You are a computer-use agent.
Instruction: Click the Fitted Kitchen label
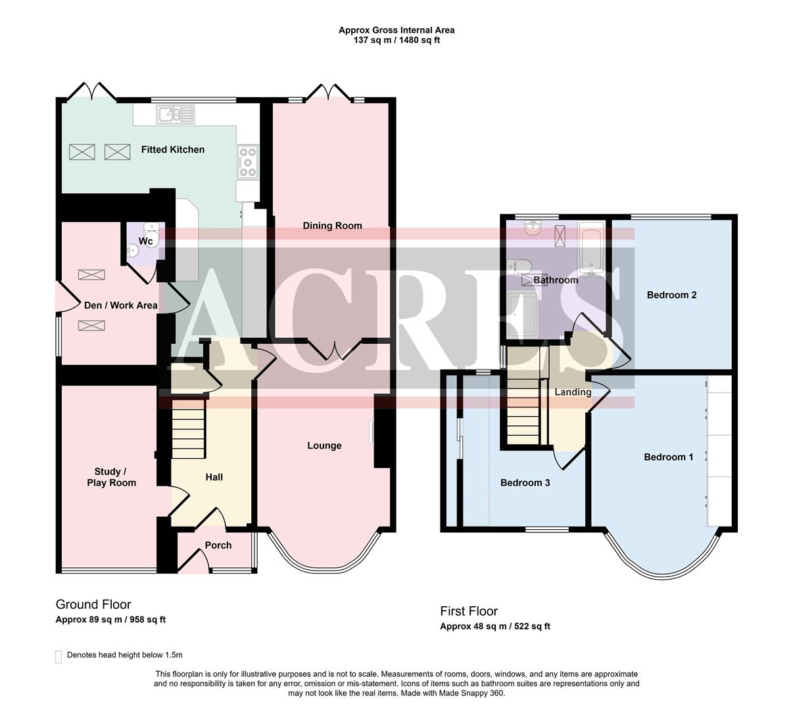172,150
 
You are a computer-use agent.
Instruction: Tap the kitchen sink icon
175,115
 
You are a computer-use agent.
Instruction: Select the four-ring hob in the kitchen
248,162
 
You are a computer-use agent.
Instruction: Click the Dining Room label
332,225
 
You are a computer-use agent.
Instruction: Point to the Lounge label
324,446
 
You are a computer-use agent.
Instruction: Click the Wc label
145,241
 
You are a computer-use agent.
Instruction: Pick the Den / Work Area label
120,305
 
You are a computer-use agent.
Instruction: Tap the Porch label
218,545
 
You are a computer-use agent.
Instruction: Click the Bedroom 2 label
671,295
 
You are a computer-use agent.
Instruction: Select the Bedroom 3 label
525,483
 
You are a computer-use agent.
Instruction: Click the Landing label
573,392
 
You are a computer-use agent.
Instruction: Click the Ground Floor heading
93,604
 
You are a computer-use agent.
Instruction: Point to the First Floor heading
469,611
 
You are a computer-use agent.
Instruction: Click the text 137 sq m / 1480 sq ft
396,40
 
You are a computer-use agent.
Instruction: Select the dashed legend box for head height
58,656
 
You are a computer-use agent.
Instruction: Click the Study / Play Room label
111,477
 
